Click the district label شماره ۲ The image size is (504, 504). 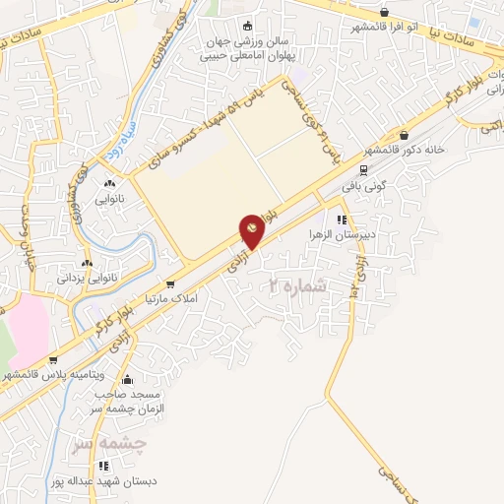pyautogui.click(x=296, y=284)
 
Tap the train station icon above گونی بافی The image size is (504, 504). pyautogui.click(x=363, y=169)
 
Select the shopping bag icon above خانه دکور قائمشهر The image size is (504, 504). pyautogui.click(x=405, y=136)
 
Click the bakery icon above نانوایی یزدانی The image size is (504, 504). pyautogui.click(x=90, y=263)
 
